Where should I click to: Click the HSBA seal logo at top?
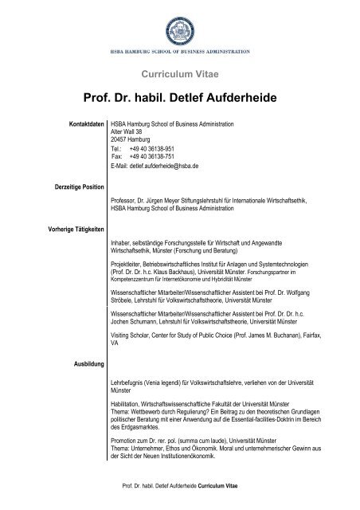point(180,23)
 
